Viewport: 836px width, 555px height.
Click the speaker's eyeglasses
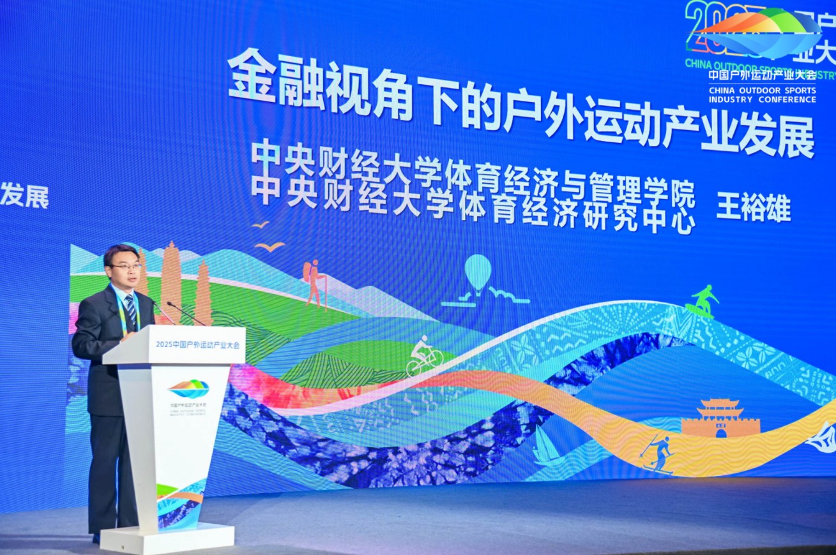[126, 266]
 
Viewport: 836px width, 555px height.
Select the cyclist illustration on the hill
[424, 357]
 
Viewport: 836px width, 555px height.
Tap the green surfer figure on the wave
[702, 300]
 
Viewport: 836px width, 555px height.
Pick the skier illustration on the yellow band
[658, 453]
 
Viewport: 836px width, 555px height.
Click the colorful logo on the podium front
[188, 388]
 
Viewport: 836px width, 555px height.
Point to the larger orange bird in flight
[270, 246]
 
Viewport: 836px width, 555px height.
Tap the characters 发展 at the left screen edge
[24, 196]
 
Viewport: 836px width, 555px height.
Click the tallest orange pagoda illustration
[171, 281]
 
